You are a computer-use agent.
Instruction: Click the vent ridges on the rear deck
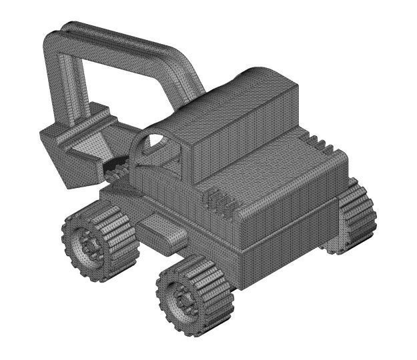point(319,143)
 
